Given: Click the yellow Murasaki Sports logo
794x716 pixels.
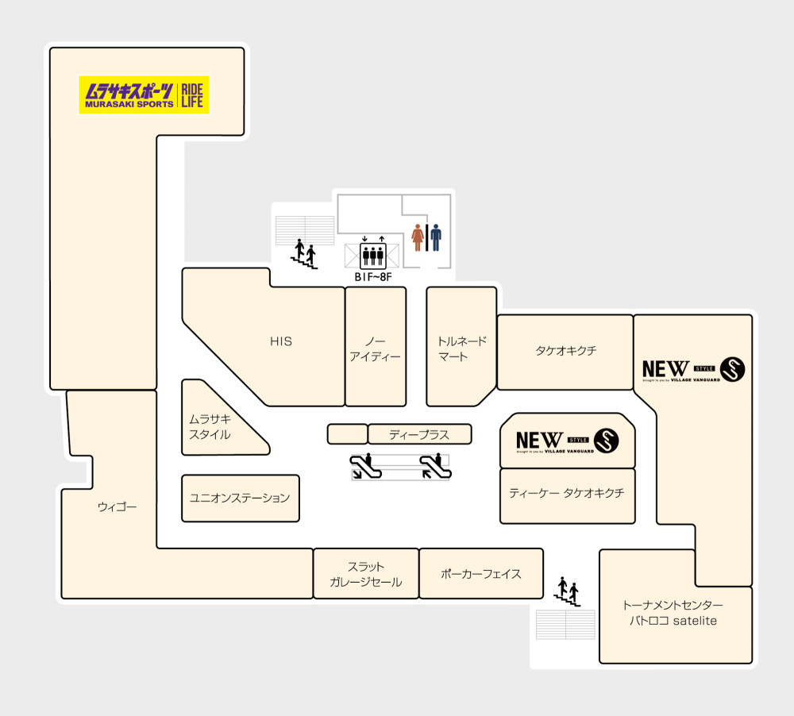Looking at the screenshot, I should tap(144, 94).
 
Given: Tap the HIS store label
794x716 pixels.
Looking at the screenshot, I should tap(281, 342).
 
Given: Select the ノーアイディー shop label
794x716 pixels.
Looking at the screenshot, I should tap(375, 349).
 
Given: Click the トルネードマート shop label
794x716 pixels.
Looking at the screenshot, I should tap(462, 349).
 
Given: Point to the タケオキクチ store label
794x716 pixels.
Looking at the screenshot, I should tap(565, 350).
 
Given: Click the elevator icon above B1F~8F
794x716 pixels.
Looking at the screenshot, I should tap(373, 256).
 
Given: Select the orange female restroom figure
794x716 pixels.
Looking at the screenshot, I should tap(418, 237).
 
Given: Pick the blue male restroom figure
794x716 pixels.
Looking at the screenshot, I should tap(435, 237).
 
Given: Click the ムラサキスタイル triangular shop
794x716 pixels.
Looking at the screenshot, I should tap(210, 427).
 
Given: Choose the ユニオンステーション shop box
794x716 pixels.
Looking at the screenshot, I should tap(240, 498).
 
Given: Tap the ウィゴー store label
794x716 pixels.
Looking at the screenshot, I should tap(118, 506).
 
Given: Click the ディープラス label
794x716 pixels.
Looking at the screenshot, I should tap(419, 434).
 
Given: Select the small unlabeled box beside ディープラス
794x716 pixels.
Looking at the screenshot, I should tap(347, 434).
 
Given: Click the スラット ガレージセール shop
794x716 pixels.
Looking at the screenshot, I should tap(366, 575).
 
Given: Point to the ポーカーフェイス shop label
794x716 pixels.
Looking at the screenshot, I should tap(481, 573).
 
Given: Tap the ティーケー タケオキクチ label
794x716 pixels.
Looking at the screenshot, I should tap(567, 493).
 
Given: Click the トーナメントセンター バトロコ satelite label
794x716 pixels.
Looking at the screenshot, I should tap(673, 613).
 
